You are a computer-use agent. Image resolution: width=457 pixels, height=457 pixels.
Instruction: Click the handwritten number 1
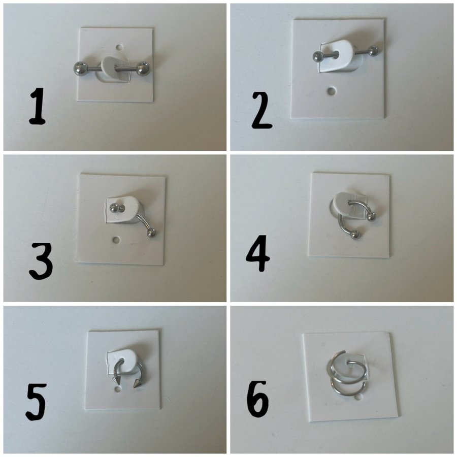pos(38,106)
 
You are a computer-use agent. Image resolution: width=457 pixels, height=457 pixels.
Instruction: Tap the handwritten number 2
pos(262,110)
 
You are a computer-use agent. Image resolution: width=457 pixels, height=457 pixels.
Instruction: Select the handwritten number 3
pos(41,262)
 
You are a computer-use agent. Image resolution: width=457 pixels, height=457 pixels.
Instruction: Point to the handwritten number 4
pos(258,253)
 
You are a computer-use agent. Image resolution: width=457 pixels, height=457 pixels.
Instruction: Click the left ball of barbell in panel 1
pos(80,69)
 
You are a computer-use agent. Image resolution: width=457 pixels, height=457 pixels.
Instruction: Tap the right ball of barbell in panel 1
pos(143,69)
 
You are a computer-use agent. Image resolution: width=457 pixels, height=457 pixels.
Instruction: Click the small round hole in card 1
pos(119,47)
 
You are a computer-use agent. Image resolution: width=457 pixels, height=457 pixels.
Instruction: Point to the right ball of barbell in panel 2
pos(373,51)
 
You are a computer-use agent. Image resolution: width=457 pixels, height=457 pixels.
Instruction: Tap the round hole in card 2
pos(331,91)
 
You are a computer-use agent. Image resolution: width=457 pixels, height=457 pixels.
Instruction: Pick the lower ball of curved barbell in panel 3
pos(151,233)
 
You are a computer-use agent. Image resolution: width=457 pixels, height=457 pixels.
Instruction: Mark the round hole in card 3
pos(116,240)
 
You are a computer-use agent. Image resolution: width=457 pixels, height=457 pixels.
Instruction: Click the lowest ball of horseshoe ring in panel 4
pos(355,235)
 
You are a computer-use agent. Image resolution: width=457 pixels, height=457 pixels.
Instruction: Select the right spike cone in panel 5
pos(137,383)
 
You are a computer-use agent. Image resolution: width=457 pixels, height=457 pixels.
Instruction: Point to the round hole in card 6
pos(358,397)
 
